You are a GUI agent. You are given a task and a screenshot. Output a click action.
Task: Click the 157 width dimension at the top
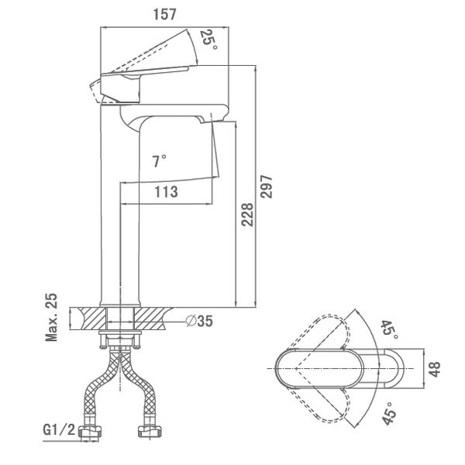pos(164,14)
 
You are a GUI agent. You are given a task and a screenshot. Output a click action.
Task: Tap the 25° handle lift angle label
pos(208,40)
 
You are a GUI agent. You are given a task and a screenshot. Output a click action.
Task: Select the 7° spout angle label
pos(159,161)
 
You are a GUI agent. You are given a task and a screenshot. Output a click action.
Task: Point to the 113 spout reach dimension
pos(166,192)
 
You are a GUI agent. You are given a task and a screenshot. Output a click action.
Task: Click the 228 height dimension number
pos(247,215)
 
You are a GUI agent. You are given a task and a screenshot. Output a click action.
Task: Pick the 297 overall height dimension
pos(266,187)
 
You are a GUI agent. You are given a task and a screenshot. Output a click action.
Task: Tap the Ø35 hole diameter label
pos(200,321)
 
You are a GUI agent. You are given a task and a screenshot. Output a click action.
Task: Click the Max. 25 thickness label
pos(51,317)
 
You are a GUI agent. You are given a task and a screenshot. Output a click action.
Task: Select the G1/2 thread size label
pos(59,429)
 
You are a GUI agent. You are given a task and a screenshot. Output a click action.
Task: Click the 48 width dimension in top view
pos(434,369)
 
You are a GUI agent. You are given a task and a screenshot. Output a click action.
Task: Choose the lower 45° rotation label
pos(389,414)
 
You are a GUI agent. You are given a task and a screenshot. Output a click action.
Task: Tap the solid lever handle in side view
pos(145,72)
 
